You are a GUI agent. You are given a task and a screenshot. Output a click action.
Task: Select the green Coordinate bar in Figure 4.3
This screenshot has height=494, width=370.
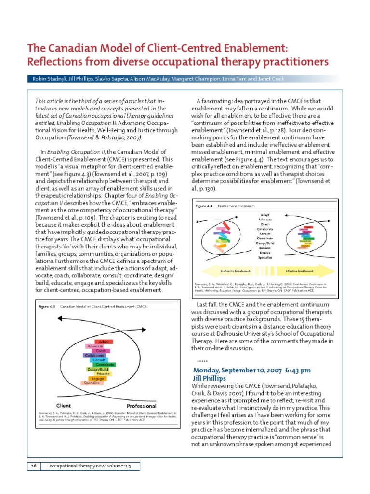[105, 365]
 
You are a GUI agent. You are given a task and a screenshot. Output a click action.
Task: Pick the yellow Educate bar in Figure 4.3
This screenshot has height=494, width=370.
[103, 374]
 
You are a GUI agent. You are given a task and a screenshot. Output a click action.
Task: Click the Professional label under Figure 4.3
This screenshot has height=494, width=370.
[141, 406]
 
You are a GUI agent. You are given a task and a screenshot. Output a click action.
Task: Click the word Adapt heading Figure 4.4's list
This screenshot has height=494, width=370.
[265, 214]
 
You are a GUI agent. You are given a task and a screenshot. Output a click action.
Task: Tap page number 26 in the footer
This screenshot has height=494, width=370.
[33, 466]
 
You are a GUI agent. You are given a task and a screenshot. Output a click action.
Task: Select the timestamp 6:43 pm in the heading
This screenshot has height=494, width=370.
[292, 370]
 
